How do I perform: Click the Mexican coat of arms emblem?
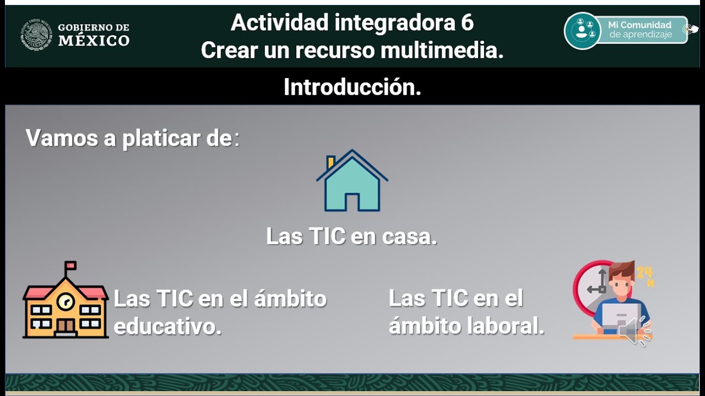pos(37,35)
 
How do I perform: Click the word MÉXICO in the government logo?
pos(94,41)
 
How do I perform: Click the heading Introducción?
pos(352,87)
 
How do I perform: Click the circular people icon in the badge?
pos(582,30)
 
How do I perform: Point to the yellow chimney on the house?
pos(330,162)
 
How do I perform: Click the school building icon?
pos(65,304)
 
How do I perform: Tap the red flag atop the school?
pos(71,266)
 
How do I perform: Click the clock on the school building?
pos(66,301)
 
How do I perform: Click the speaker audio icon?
pos(633,329)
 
